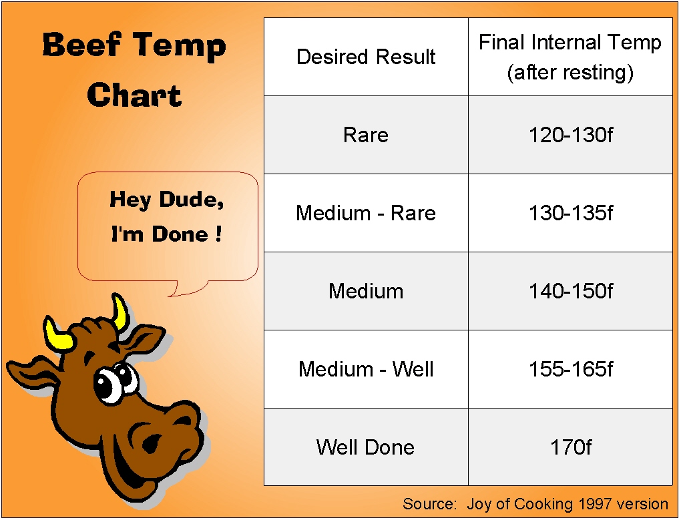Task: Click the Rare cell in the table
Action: point(365,135)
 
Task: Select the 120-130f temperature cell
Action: point(570,135)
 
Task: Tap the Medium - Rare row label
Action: point(365,213)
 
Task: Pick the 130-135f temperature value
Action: point(570,213)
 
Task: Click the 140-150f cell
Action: point(570,291)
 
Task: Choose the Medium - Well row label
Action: point(365,369)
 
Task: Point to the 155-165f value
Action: point(570,369)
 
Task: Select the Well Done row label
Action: point(365,447)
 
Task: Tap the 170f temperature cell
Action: point(570,447)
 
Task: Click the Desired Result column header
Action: point(365,57)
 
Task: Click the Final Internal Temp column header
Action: point(570,57)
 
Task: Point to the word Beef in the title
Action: point(81,45)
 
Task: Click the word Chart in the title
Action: point(134,95)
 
